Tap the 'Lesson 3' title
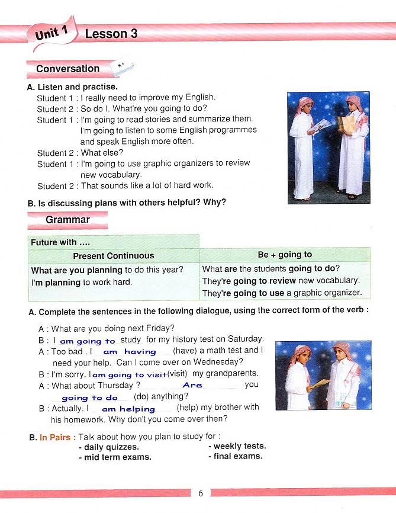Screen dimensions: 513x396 coord(111,34)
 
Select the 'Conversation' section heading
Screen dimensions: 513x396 coord(67,69)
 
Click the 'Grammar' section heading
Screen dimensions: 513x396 coord(67,220)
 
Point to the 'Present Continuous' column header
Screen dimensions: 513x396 coord(113,256)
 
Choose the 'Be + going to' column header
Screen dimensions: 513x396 coord(285,255)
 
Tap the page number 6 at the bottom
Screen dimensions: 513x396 coord(201,493)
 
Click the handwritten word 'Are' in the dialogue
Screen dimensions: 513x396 coord(193,385)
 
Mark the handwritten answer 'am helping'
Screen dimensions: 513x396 coord(128,409)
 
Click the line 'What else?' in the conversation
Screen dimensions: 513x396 coord(101,153)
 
